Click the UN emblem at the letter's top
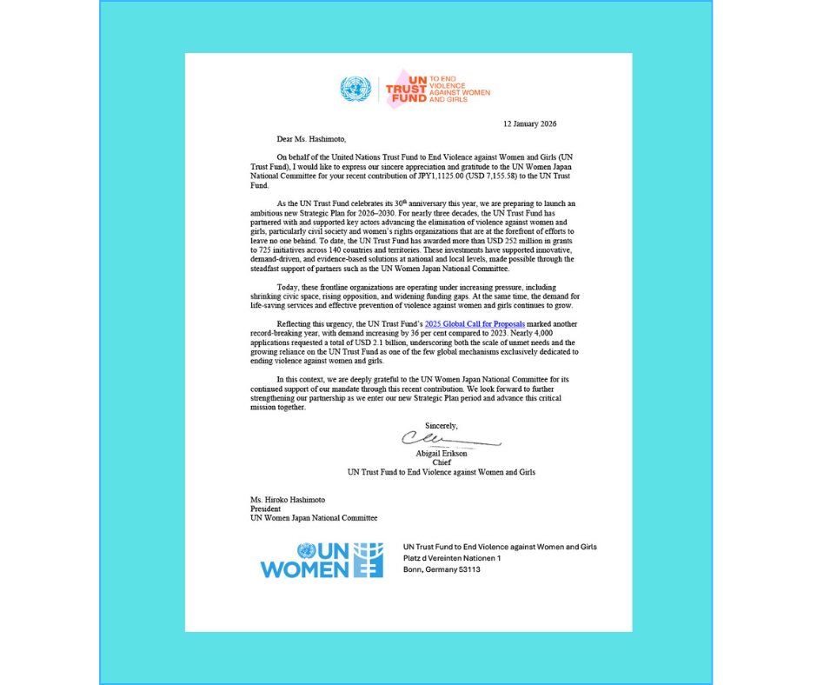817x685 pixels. (x=355, y=89)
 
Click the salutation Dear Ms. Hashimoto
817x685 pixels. (x=310, y=138)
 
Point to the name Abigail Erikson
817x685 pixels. (x=442, y=453)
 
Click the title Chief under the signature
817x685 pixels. (x=442, y=462)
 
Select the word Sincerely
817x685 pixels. (x=441, y=425)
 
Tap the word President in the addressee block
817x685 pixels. (x=265, y=509)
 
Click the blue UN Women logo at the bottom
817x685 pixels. (x=322, y=560)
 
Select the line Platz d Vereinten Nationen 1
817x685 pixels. (x=453, y=558)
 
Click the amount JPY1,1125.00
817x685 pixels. (x=431, y=176)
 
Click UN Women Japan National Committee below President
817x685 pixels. (x=314, y=518)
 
